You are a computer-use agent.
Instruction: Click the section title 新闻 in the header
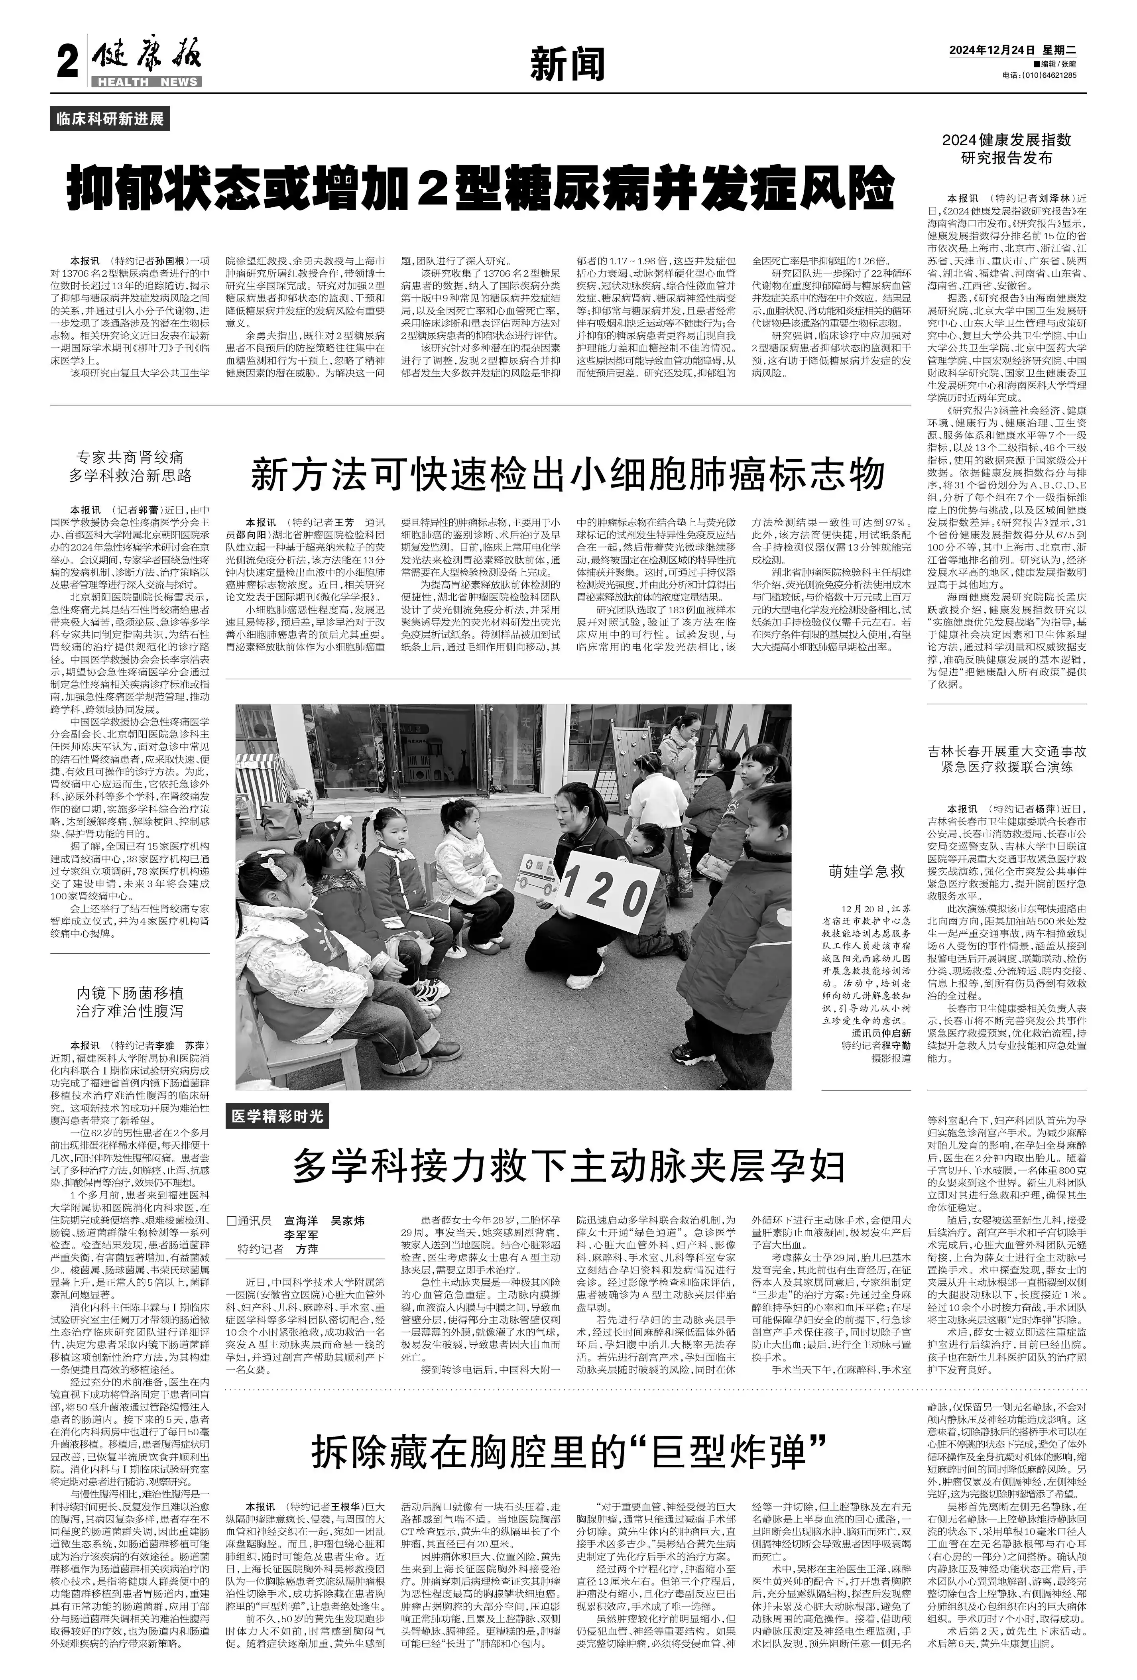coord(567,64)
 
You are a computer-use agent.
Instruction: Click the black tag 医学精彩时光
coord(277,1117)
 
